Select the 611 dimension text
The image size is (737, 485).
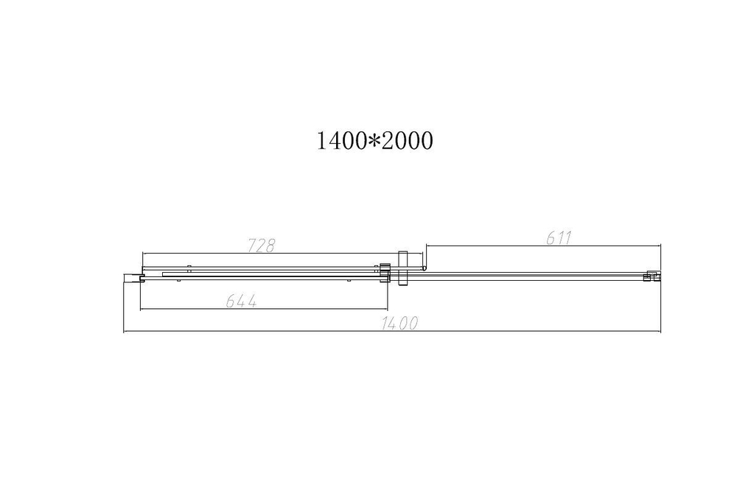tap(558, 237)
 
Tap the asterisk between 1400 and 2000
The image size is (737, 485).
tap(374, 141)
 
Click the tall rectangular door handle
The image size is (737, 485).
tap(402, 268)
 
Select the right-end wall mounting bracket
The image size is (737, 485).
tap(650, 276)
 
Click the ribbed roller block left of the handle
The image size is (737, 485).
tap(383, 271)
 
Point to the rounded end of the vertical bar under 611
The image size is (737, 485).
tap(425, 268)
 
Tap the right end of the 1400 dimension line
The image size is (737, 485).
tap(661, 332)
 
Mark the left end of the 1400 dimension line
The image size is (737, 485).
tap(124, 332)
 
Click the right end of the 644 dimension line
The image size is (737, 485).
tap(388, 309)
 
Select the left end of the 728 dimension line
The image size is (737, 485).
tap(142, 254)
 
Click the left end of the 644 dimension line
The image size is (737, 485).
tap(141, 309)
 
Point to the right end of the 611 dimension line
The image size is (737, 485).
tap(661, 245)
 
